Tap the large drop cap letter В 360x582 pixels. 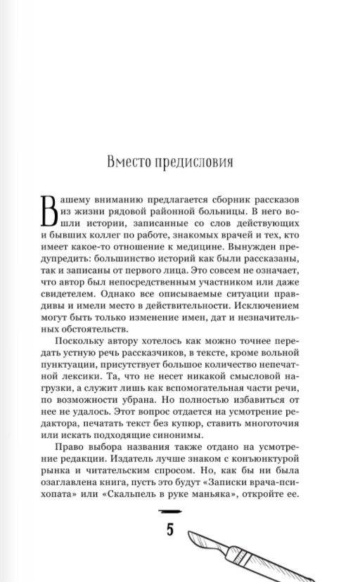(x=54, y=209)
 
